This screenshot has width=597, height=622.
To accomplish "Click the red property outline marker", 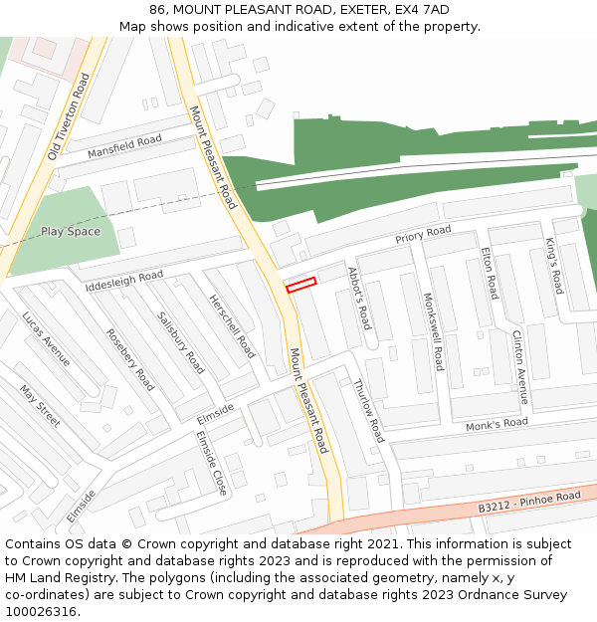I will coord(300,285).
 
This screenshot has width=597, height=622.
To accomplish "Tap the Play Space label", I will coord(71,232).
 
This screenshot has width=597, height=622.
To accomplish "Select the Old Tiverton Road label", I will coord(69,117).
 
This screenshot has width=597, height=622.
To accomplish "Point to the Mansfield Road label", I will coord(124,147).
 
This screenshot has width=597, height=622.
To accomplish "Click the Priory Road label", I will coord(423,236).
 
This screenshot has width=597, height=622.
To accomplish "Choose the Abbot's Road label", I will coord(358,298).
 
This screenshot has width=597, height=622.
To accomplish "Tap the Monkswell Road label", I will coord(433,331).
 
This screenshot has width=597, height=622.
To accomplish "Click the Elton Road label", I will coord(489,274).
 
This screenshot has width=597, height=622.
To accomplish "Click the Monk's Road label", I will coord(497,424).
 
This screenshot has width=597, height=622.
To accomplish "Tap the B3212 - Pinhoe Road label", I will coord(528,503).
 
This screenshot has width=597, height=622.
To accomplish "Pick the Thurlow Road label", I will coord(368,410).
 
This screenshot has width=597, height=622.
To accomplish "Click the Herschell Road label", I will coord(232,326).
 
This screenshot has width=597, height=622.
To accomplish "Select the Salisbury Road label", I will coord(180,342).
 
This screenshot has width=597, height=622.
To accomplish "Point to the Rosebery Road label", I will coord(130,359).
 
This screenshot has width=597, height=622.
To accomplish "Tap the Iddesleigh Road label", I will coord(124,282).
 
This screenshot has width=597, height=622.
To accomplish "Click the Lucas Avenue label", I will coord(47,338).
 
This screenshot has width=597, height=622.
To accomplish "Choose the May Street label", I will coord(40,406).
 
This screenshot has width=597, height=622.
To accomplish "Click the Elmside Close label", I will coord(212,463).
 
